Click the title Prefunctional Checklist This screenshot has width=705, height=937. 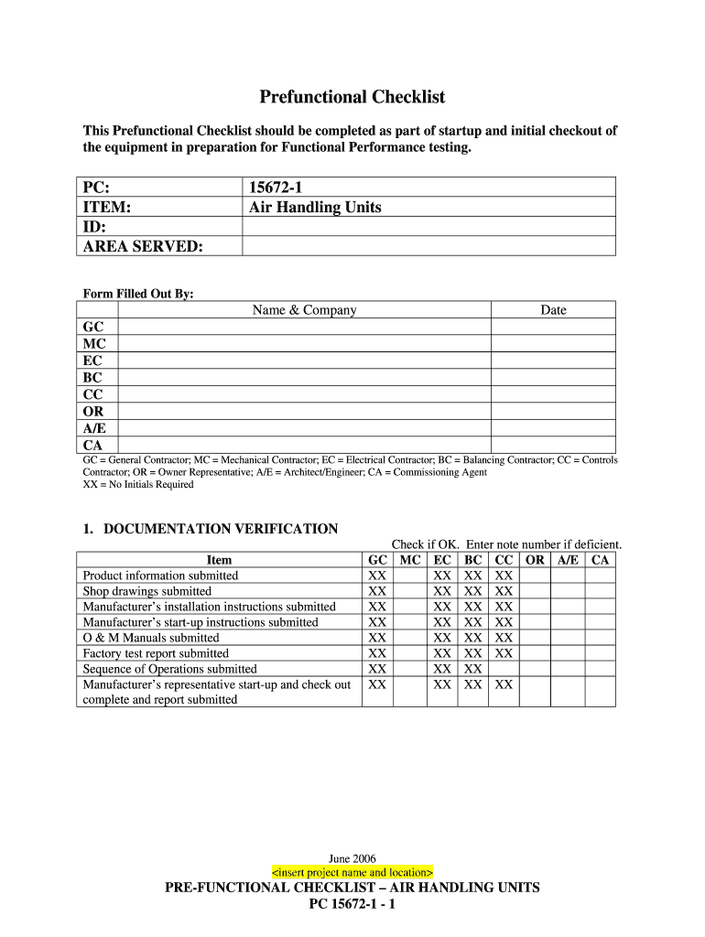352,97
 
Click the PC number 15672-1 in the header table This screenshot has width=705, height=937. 277,188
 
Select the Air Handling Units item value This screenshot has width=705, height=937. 315,207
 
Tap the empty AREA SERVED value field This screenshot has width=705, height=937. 428,246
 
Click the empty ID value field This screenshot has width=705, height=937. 428,227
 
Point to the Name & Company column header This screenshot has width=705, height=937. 304,310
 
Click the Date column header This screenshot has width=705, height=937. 553,310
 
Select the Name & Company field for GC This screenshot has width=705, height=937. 304,328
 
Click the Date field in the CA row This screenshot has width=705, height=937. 553,445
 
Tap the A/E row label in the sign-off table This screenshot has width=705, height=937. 93,428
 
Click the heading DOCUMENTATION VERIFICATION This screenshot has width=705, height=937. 221,529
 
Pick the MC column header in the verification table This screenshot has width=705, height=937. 411,560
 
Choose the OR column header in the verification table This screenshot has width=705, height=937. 535,560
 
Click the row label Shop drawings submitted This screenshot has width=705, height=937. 147,591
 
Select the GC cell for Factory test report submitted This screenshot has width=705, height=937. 377,653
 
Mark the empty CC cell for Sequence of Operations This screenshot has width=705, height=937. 504,669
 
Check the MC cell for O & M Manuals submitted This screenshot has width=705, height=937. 411,638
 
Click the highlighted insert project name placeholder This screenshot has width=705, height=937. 352,872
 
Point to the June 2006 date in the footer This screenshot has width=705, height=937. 352,858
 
